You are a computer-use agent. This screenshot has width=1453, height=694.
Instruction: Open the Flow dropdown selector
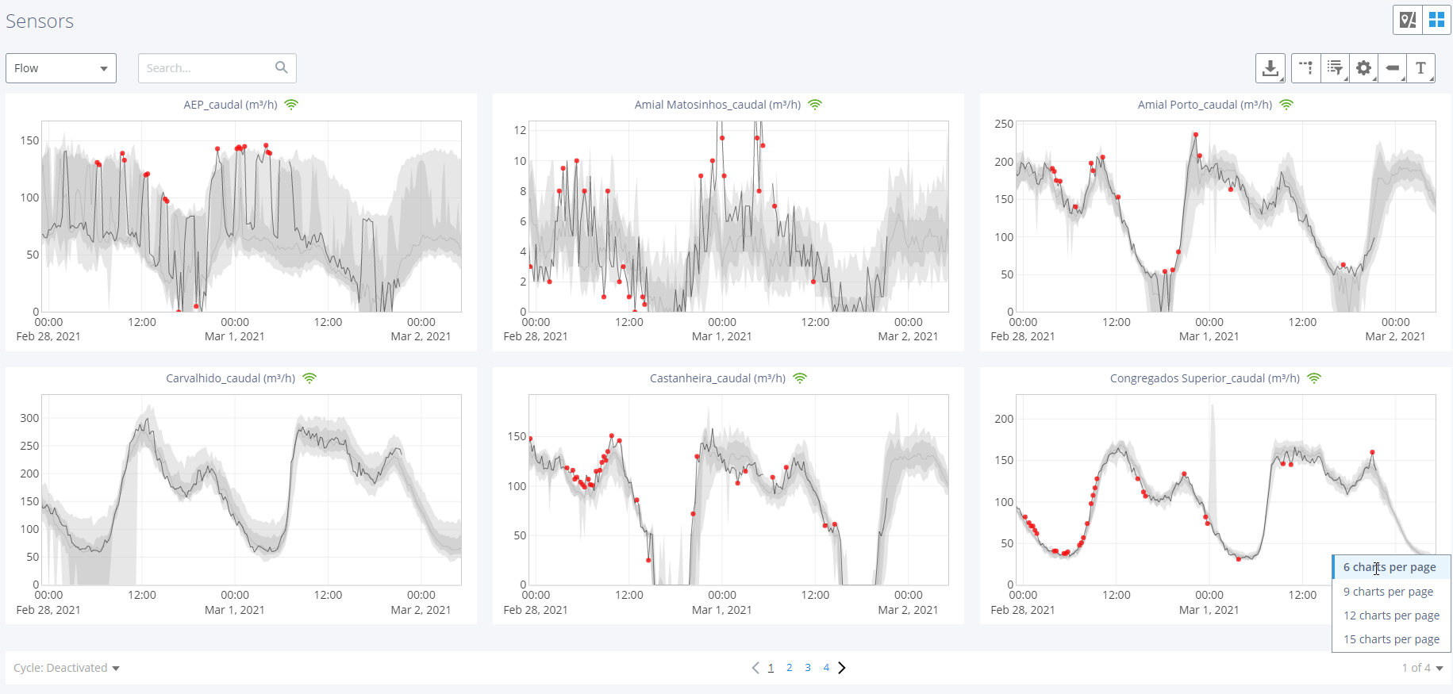click(61, 68)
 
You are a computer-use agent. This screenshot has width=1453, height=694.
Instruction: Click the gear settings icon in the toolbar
click(1363, 68)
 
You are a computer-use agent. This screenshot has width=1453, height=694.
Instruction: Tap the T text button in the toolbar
click(1420, 68)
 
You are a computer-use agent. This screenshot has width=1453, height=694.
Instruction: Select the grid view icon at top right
click(1436, 20)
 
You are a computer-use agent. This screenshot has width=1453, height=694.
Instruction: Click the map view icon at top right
click(1408, 20)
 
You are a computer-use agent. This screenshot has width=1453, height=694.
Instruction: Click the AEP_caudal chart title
click(230, 105)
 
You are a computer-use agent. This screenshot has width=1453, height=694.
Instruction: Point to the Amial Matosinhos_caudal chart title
click(717, 105)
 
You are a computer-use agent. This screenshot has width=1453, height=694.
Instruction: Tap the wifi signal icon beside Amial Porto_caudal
click(1286, 105)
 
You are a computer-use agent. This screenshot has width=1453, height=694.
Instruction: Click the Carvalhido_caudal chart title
click(230, 378)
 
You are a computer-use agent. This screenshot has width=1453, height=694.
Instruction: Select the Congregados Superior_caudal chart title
click(1205, 378)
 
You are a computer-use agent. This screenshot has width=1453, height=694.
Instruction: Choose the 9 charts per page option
click(1388, 592)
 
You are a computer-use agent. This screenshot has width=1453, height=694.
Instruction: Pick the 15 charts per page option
click(1391, 639)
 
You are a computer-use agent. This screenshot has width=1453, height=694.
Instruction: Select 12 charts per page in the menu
click(1391, 615)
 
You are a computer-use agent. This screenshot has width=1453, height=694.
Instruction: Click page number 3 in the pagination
click(808, 668)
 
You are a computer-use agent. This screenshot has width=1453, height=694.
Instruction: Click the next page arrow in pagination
click(842, 668)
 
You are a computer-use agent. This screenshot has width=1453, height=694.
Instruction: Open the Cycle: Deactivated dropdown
click(67, 668)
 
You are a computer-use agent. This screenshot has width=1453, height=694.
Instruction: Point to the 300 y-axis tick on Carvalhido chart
click(29, 418)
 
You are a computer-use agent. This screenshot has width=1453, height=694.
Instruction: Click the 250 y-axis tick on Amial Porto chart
click(1004, 124)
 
